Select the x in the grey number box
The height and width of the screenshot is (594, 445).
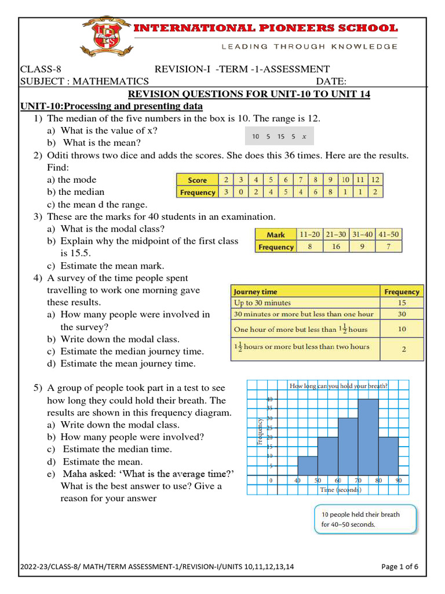tap(304, 137)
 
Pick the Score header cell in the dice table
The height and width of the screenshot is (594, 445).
tap(197, 180)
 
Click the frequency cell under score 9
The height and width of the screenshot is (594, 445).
tap(330, 192)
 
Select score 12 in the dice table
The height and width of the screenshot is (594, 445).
tap(375, 180)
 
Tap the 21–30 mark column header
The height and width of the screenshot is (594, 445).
tap(335, 234)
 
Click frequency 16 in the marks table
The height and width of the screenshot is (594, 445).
tap(335, 247)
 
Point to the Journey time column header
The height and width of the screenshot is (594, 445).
tap(255, 292)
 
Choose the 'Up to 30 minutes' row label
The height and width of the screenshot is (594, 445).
tap(262, 303)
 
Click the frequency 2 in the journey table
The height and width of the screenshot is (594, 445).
tap(403, 349)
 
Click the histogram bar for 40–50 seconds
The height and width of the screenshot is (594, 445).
tap(308, 465)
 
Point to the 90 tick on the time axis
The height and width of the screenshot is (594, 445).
tap(399, 481)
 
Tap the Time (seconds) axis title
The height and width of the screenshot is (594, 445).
tap(341, 490)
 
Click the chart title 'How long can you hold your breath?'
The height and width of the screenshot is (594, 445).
tap(338, 386)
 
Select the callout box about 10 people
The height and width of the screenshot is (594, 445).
tap(364, 519)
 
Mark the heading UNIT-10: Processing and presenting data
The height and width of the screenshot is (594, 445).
tap(111, 106)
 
